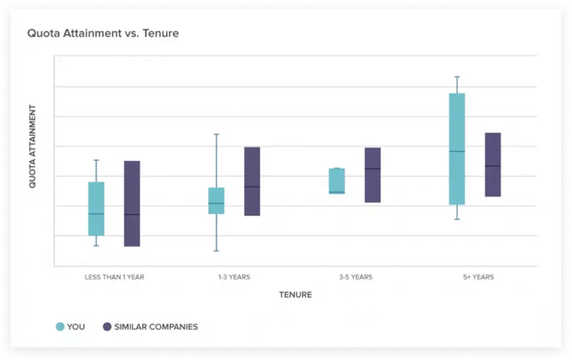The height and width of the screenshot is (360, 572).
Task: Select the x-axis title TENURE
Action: [x=295, y=295]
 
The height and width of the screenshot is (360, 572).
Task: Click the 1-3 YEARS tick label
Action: [x=233, y=277]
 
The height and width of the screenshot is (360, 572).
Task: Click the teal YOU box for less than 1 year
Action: [x=97, y=208]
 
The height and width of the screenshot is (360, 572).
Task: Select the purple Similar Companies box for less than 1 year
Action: [x=131, y=204]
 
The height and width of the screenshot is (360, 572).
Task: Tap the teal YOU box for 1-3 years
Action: [x=216, y=200]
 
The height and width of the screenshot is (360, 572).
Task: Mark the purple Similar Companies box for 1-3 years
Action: [x=252, y=181]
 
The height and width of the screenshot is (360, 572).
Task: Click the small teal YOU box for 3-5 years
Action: [x=337, y=180]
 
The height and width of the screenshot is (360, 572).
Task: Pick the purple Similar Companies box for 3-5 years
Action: [x=373, y=175]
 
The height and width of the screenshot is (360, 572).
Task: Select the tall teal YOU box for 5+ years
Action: [x=457, y=149]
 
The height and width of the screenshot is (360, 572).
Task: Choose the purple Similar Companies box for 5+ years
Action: [x=492, y=164]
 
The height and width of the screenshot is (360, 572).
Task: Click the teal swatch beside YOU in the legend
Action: [x=60, y=327]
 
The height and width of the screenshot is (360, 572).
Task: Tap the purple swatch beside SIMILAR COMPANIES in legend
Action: [x=107, y=327]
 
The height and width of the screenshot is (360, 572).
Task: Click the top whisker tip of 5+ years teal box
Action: [x=457, y=77]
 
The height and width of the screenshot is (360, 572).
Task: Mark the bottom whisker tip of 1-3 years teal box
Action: [x=216, y=250]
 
